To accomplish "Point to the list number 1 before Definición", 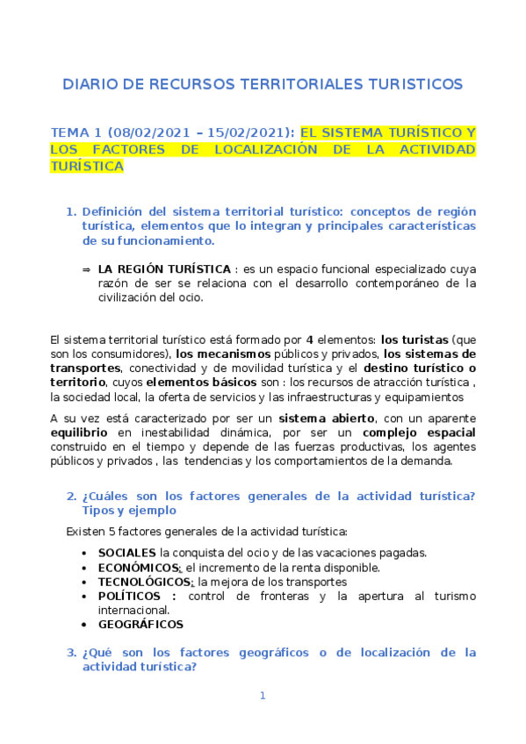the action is [71, 211].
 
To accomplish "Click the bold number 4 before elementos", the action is [309, 339].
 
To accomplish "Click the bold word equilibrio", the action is [80, 433].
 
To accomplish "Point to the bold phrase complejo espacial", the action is [420, 433].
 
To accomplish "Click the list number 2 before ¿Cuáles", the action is [71, 496].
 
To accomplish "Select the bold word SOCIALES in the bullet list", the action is [127, 553].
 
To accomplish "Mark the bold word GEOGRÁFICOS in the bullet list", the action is [141, 624].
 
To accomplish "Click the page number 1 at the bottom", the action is [262, 696].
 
